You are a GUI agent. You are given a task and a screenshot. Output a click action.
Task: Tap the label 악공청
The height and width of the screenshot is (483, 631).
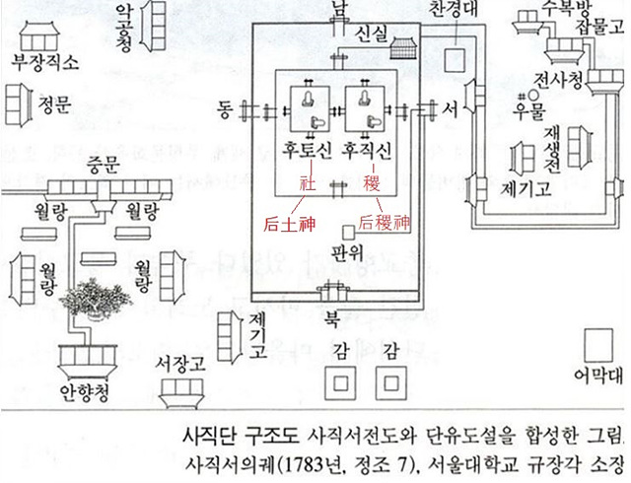coord(125,28)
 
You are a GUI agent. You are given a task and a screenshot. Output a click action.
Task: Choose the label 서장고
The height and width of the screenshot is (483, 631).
coord(179,365)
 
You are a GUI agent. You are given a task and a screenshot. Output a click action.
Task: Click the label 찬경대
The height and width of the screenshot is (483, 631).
coord(456,10)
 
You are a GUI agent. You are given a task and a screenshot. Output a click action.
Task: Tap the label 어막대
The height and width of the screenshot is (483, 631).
coord(596,375)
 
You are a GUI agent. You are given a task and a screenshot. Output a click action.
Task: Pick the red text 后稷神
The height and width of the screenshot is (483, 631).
coord(384,223)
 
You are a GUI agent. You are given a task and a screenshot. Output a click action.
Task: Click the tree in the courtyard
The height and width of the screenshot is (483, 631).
coord(91,297)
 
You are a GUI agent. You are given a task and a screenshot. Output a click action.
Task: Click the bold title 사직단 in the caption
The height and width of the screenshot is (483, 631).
coord(211,436)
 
